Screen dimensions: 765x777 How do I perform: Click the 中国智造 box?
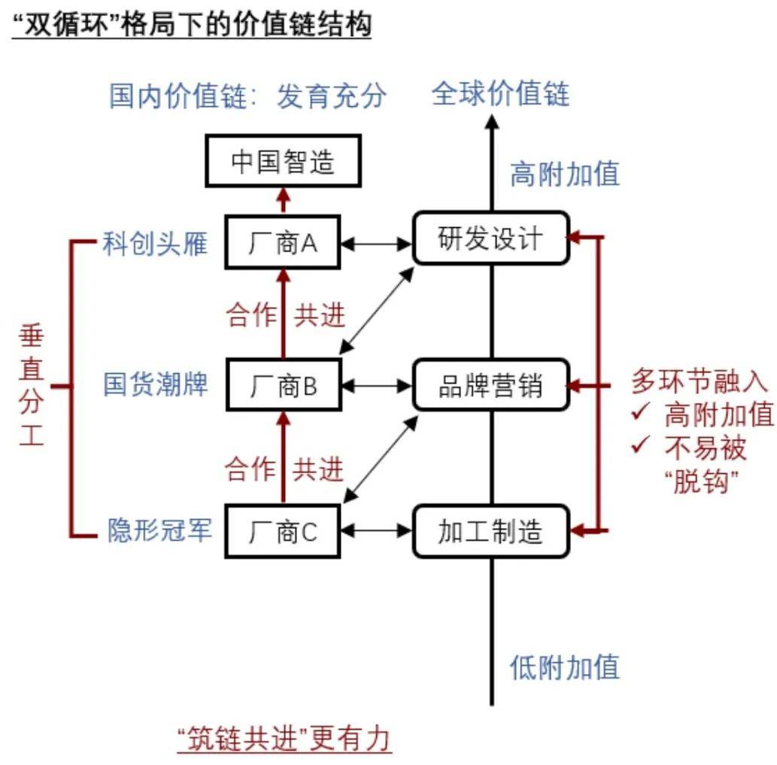283,162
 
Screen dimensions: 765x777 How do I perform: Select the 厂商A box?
283,242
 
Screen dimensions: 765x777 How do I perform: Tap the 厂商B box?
283,387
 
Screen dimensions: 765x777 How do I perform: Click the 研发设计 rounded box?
490,238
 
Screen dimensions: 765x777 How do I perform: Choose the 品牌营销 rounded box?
490,385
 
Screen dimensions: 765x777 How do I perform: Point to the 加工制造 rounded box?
490,531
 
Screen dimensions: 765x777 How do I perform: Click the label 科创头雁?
155,243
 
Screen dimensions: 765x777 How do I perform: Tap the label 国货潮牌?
155,385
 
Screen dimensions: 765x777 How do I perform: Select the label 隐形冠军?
159,530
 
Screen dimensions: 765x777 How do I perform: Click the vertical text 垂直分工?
31,386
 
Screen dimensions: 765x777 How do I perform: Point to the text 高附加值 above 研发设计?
565,175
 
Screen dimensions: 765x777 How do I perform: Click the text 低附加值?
565,666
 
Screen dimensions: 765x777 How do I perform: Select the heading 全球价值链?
500,94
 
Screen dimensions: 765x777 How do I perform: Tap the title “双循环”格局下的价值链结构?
192,25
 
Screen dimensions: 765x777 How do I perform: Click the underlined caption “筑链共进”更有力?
284,739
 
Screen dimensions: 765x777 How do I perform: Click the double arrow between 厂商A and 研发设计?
377,243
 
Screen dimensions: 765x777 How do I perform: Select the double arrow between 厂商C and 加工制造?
377,532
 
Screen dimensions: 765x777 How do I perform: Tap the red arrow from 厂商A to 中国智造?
283,201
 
